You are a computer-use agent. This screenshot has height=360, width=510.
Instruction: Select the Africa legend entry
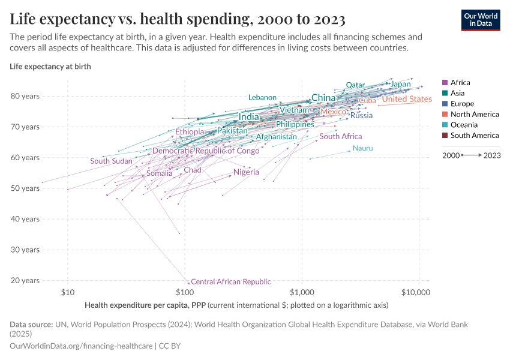460,83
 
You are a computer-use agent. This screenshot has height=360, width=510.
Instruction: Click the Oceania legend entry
464,125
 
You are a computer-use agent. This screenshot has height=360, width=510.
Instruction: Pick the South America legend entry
474,136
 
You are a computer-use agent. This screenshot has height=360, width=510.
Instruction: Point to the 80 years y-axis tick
25,96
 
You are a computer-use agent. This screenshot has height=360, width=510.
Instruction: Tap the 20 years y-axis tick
25,280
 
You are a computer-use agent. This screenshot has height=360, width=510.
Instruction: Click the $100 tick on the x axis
184,293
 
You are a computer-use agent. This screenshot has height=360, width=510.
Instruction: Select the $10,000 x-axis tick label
415,293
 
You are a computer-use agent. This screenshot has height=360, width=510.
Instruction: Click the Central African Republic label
230,281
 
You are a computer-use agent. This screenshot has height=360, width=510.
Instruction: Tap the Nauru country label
363,148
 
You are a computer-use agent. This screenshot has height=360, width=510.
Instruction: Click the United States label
407,99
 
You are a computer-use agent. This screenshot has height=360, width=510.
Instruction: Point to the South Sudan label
111,161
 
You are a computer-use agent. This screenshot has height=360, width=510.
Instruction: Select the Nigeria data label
246,172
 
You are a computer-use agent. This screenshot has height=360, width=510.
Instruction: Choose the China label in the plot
323,98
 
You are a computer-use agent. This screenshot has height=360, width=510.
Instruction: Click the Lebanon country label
262,97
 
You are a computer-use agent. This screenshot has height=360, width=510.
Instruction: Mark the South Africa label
341,136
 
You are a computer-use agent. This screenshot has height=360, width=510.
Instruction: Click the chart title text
177,19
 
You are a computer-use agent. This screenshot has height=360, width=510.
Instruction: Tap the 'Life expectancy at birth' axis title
50,66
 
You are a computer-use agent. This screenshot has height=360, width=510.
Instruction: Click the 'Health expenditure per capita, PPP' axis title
145,305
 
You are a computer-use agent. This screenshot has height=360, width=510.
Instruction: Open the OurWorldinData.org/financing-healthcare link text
82,346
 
